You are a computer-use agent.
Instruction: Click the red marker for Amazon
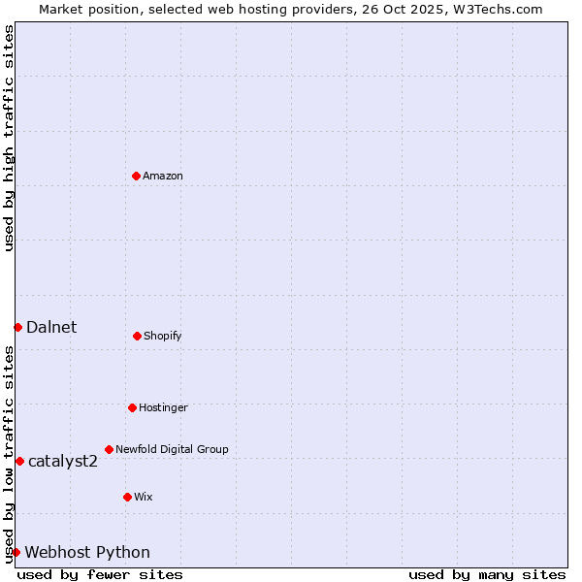click(136, 176)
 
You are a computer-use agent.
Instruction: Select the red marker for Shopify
click(137, 336)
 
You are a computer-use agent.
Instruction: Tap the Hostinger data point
click(132, 407)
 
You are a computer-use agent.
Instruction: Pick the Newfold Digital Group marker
click(109, 449)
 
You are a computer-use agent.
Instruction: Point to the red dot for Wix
click(127, 497)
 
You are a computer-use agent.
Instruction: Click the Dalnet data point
click(17, 327)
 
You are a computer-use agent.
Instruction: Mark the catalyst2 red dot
click(19, 461)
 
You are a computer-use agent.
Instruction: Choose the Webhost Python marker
click(16, 552)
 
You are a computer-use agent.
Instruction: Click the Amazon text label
click(163, 177)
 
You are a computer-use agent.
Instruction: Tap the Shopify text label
click(163, 337)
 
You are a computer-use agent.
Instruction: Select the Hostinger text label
click(163, 408)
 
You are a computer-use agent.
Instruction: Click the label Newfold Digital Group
click(172, 450)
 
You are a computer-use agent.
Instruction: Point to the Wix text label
click(144, 498)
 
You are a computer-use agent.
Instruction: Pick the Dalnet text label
click(51, 328)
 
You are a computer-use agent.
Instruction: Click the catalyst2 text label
click(63, 462)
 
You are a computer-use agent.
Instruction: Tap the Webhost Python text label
click(87, 553)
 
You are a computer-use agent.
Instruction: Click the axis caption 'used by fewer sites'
click(100, 574)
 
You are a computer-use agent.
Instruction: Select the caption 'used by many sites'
click(487, 574)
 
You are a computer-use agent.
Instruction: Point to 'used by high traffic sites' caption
click(9, 138)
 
